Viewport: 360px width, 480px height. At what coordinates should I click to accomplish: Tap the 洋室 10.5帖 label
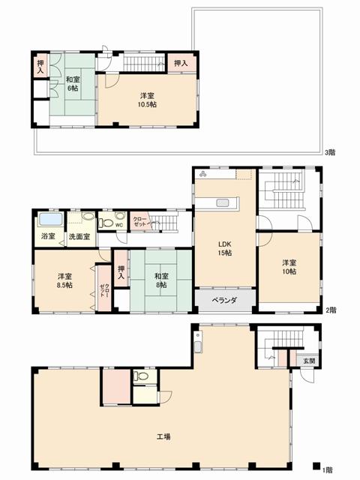coord(148,99)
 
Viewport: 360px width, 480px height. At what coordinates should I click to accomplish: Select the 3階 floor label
coord(330,152)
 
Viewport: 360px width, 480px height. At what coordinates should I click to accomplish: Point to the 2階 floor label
coord(331,309)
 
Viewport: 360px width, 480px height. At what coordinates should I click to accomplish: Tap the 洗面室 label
coord(79,236)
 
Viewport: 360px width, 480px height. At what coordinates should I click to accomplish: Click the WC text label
coord(118,223)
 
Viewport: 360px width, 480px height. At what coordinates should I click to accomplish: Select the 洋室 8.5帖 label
coord(65,280)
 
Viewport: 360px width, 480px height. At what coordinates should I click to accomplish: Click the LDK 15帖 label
coord(224,248)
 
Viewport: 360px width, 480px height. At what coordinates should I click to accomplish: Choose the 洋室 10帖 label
coord(290,267)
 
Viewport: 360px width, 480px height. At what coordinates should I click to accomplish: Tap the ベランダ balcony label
coord(223,301)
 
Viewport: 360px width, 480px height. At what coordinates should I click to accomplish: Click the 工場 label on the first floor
coord(163,436)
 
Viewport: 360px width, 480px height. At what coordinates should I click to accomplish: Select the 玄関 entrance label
coord(309,361)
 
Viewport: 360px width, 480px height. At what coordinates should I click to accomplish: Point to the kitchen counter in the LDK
coord(226,202)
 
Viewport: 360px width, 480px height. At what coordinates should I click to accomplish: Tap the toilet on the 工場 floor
coord(141,377)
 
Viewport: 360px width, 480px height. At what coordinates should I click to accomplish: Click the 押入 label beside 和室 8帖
coord(121,274)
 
